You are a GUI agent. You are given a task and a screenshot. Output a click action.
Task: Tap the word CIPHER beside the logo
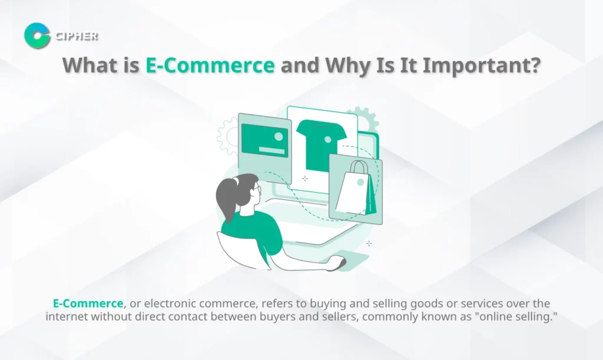tap(77, 37)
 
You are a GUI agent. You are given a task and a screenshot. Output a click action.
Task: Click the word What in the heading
tap(90, 65)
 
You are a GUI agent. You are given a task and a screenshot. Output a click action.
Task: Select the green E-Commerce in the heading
tap(210, 65)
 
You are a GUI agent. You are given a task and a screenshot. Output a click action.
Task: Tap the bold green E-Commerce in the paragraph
tap(88, 303)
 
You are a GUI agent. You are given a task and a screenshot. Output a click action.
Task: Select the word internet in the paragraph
tap(66, 316)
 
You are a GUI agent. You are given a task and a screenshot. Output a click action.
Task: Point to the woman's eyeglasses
tap(257, 189)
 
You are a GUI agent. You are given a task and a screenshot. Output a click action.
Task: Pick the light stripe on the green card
tap(271, 150)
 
